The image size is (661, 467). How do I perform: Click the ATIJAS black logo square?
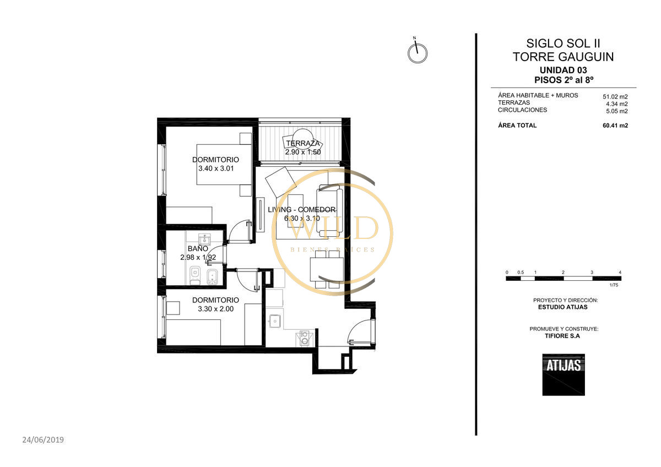coord(564,374)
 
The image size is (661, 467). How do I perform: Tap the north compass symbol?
coord(418,52)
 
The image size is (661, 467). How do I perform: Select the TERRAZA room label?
coord(303,143)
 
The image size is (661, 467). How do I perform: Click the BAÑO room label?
coord(198,249)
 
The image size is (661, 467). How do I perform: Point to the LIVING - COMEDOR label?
coord(302,210)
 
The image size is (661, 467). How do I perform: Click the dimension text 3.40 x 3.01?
coord(216,169)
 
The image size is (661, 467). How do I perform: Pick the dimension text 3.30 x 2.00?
coord(216,309)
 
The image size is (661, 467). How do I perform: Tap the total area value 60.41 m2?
coord(615,126)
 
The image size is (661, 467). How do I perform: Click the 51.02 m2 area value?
coord(615,96)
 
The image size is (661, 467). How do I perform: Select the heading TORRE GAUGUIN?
coord(563,57)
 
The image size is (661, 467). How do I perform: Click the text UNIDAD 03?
coord(563,70)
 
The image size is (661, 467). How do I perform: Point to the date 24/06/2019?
coord(43,440)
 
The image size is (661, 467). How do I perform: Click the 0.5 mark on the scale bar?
coord(521,272)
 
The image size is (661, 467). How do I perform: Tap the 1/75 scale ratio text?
coord(614,285)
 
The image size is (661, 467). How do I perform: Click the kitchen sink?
coord(275,321)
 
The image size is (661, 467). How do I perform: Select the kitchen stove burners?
coord(305,338)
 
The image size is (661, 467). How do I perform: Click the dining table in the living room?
coord(327,269)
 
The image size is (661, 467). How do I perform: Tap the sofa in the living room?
coord(329,211)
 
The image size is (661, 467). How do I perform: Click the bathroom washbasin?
coord(204,239)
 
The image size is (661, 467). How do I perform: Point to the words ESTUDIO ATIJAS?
coord(563,307)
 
